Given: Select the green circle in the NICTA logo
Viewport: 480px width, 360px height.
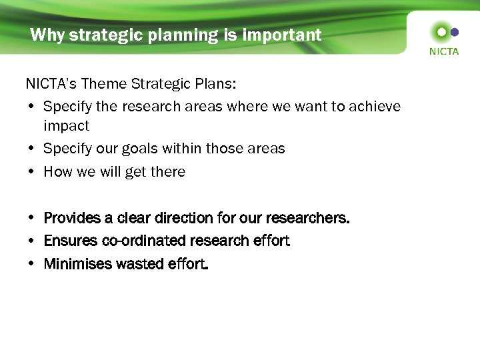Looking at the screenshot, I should point(441,31).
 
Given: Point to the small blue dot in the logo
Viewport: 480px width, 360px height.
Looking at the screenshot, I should point(455,31).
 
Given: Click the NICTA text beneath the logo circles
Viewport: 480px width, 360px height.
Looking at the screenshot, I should point(444,51).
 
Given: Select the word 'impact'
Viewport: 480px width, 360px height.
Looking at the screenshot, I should point(66,125).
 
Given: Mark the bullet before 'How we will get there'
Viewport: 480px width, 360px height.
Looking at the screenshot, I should point(31,172).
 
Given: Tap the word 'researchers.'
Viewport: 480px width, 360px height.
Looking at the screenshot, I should point(307,218).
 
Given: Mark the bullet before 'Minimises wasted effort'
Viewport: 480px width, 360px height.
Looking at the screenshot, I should point(31,264).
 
